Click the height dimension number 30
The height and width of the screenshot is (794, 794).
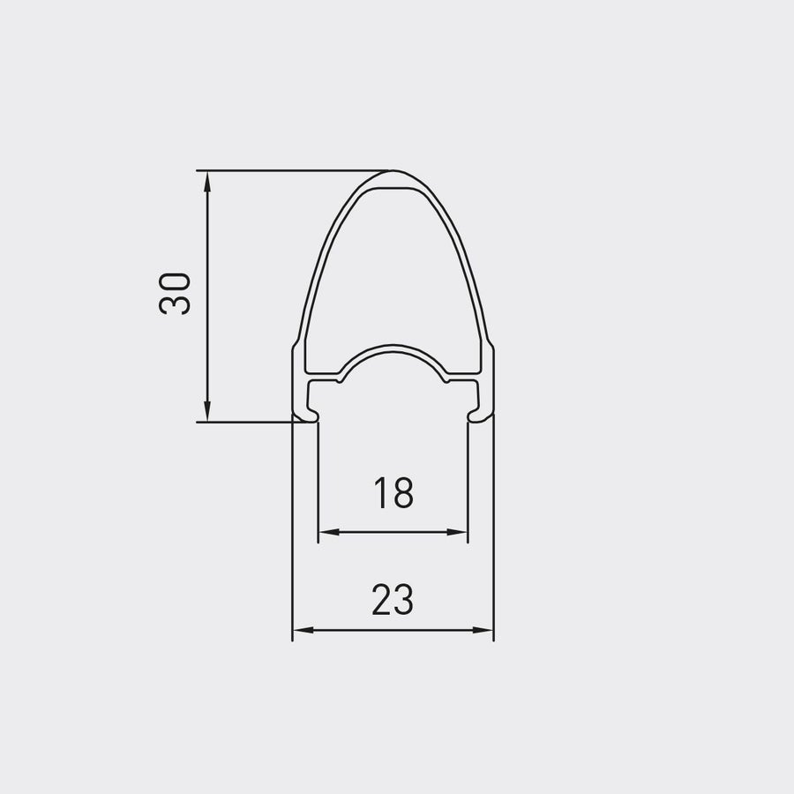pyautogui.click(x=175, y=294)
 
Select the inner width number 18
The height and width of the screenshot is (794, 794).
pyautogui.click(x=393, y=493)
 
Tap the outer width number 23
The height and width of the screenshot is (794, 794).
pyautogui.click(x=393, y=600)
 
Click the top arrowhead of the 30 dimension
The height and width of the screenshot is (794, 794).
pyautogui.click(x=206, y=181)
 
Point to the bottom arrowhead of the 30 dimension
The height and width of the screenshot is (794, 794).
pyautogui.click(x=206, y=411)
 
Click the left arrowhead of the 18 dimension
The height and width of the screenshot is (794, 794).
pyautogui.click(x=329, y=532)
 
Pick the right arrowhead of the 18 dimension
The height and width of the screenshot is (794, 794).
pyautogui.click(x=457, y=532)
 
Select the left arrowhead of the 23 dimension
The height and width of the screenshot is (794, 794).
pyautogui.click(x=303, y=630)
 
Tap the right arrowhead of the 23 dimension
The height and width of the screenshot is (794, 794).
pyautogui.click(x=483, y=630)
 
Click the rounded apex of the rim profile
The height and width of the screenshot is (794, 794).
pyautogui.click(x=393, y=172)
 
